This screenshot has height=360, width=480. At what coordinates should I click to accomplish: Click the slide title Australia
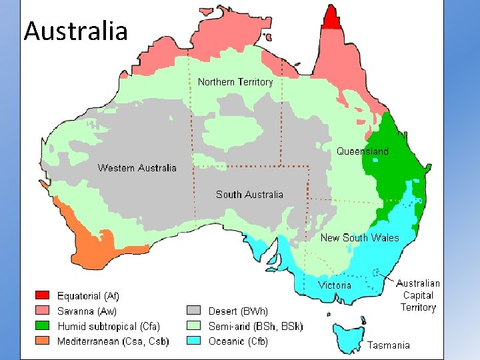tap(75, 31)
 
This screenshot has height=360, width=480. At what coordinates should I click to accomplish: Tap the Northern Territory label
tap(235, 82)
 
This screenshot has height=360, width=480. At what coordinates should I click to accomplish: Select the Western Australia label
tap(137, 167)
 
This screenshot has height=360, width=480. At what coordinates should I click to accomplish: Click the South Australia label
tap(249, 195)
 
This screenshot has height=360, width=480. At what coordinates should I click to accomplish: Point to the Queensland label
tap(362, 151)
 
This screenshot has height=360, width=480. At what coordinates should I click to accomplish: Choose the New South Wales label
tap(359, 238)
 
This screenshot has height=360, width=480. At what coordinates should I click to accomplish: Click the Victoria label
tap(335, 285)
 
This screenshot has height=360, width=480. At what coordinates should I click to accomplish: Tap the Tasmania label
tap(389, 345)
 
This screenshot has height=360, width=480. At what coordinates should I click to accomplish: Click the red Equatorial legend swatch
tap(43, 295)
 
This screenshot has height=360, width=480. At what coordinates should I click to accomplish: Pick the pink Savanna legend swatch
tap(43, 311)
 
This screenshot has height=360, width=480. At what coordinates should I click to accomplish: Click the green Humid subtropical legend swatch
tap(43, 326)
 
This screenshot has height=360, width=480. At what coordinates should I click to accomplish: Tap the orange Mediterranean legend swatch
tap(43, 341)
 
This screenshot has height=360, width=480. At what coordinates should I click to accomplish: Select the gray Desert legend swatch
tap(193, 311)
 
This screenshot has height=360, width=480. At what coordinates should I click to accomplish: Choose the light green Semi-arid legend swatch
tap(193, 326)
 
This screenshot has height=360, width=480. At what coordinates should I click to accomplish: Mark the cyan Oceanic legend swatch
tap(193, 341)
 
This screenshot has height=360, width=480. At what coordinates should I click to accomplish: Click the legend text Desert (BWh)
tap(238, 311)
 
